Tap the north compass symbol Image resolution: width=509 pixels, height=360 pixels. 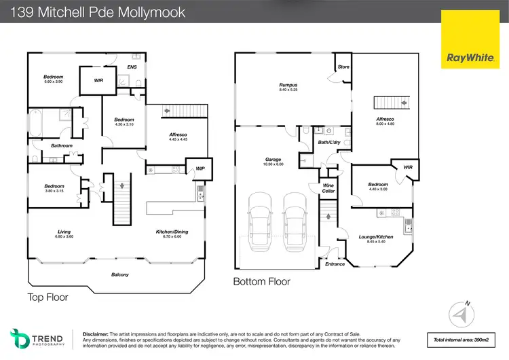tap(464, 314)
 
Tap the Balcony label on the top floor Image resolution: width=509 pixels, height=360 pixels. tap(120, 274)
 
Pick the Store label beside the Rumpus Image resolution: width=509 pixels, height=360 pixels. tap(343, 67)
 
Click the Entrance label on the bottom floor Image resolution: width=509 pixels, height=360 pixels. tap(335, 264)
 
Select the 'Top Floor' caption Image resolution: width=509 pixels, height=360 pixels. tap(48, 297)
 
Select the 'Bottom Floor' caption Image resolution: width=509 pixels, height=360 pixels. tap(261, 281)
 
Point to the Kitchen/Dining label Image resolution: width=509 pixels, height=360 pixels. tap(170, 232)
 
